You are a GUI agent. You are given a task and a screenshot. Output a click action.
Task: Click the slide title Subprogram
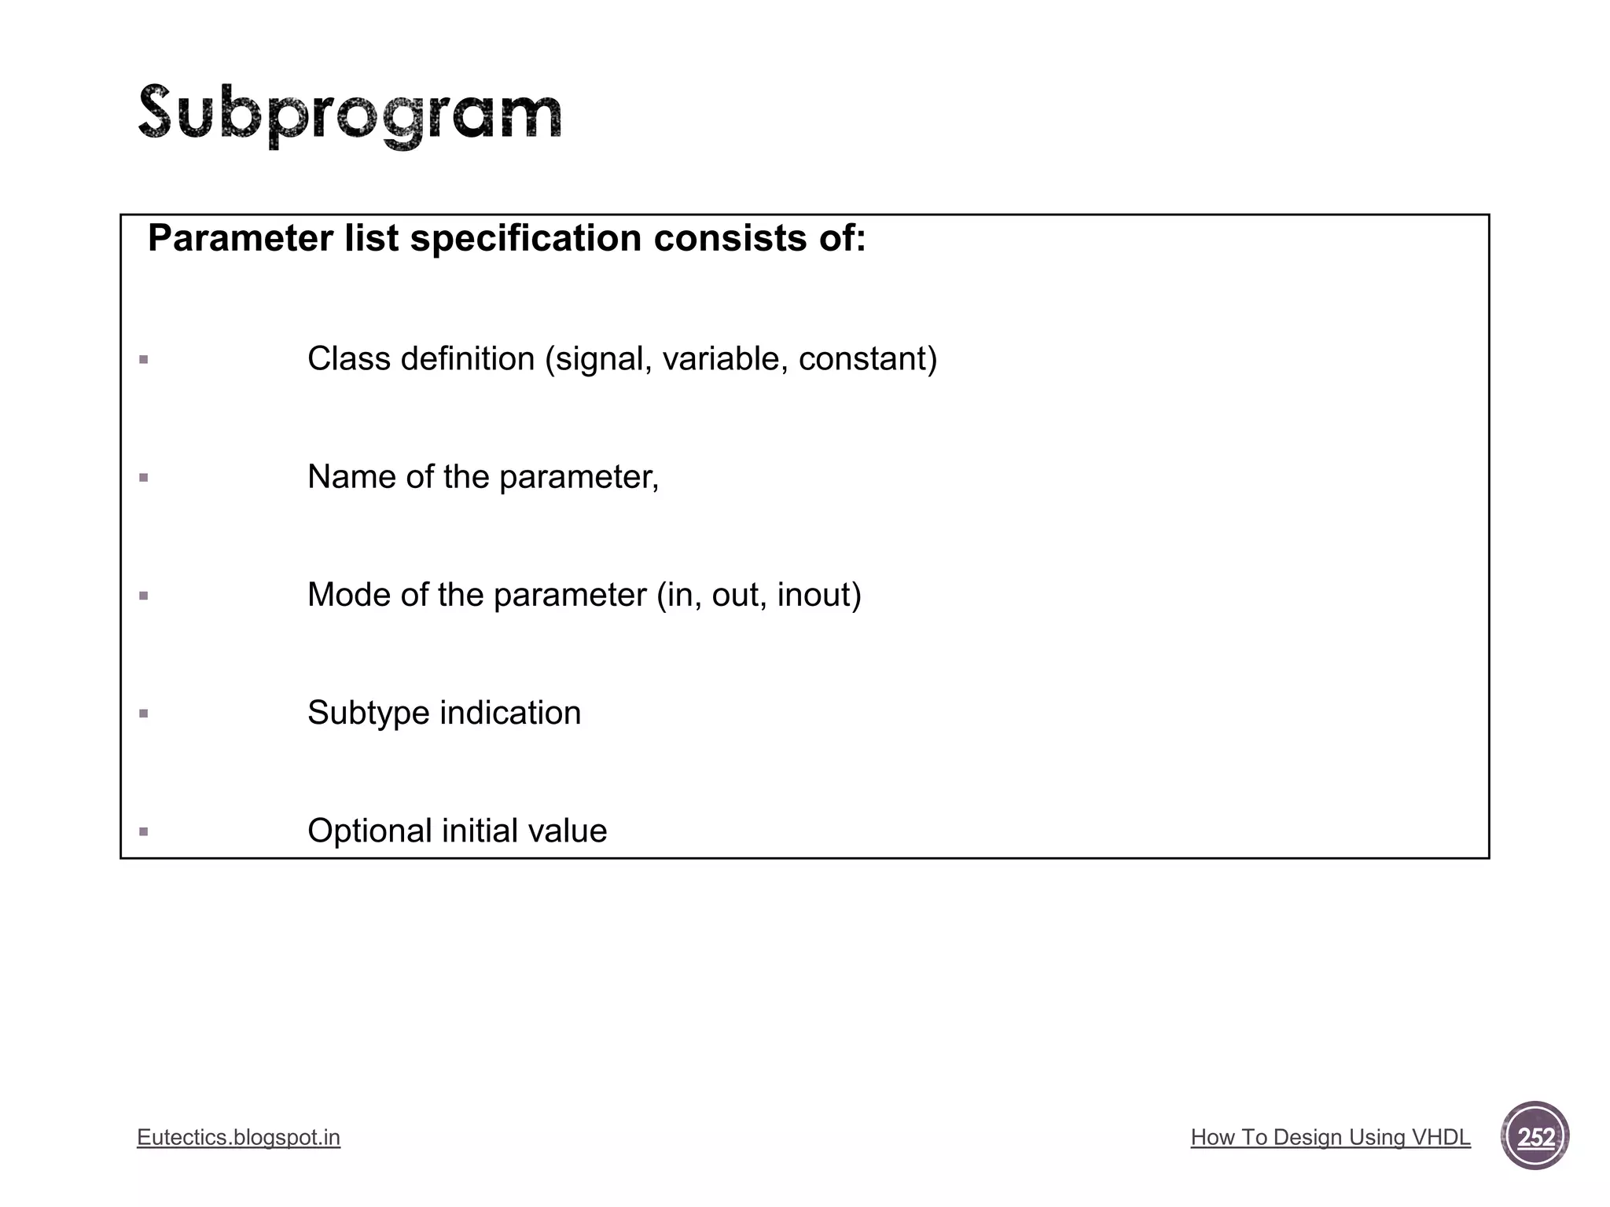[x=350, y=115]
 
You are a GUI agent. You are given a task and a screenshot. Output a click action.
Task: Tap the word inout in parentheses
[x=814, y=595]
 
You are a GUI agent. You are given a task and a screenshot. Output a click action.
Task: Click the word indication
[x=510, y=713]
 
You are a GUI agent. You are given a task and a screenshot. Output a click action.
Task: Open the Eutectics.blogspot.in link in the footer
[x=238, y=1137]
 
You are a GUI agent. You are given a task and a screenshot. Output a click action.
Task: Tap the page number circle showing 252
[x=1535, y=1136]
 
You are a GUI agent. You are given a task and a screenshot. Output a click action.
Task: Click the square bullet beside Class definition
[x=143, y=360]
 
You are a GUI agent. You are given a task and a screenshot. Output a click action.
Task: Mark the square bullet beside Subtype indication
[x=143, y=714]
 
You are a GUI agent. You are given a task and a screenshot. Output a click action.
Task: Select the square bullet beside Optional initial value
[x=143, y=831]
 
